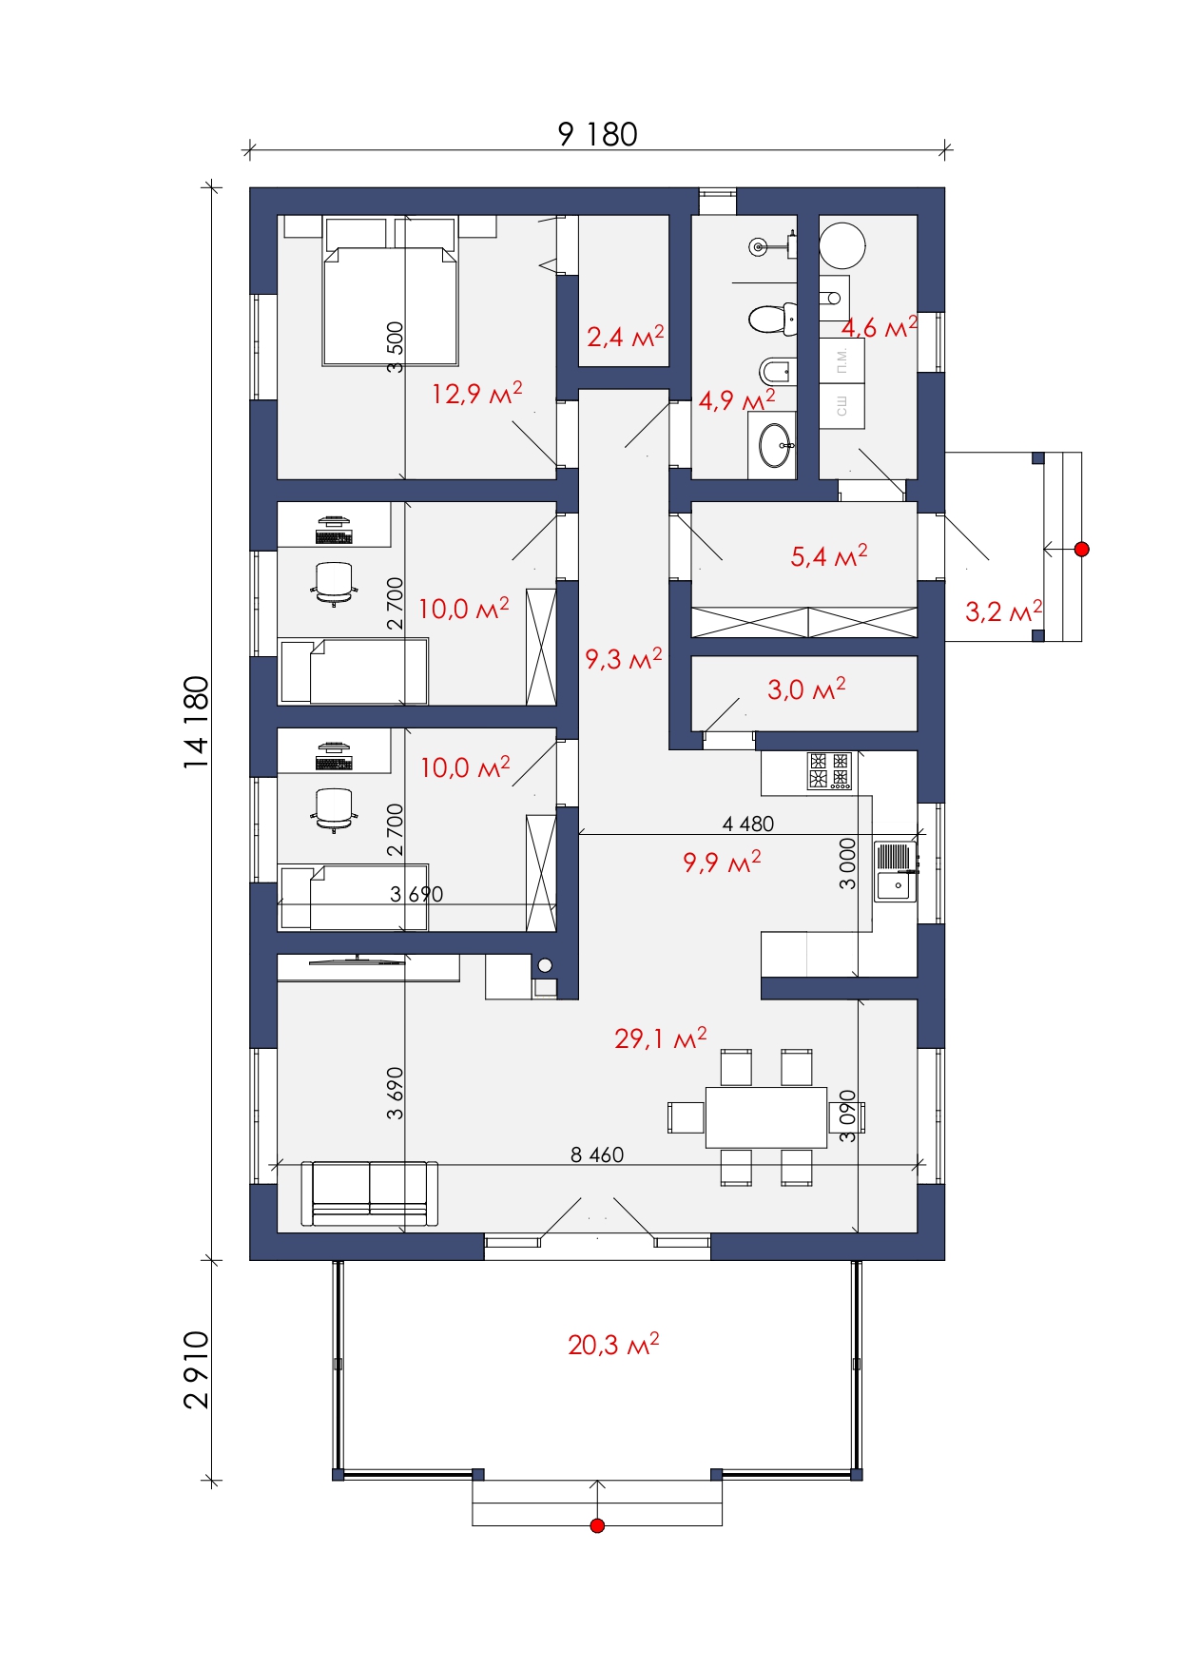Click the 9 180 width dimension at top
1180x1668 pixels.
[x=597, y=134]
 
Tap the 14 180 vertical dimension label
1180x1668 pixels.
[x=196, y=722]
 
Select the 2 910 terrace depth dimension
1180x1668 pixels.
[x=196, y=1369]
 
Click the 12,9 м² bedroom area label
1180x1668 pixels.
[x=477, y=393]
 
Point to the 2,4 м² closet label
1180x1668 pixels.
[x=625, y=336]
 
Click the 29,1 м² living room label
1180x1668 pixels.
[x=661, y=1038]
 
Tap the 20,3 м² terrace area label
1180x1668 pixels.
[x=613, y=1344]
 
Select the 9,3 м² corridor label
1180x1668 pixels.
[x=624, y=658]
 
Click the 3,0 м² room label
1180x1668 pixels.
[x=806, y=689]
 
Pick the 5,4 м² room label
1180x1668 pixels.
[x=829, y=555]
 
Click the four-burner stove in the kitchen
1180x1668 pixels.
[x=829, y=771]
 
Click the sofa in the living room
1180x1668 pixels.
[x=370, y=1193]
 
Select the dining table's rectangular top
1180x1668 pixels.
[x=766, y=1117]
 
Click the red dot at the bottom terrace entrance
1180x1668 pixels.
[x=597, y=1526]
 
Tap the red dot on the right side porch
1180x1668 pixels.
[x=1081, y=549]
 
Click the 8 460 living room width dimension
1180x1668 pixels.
[x=597, y=1154]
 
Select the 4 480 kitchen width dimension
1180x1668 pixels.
[x=748, y=824]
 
